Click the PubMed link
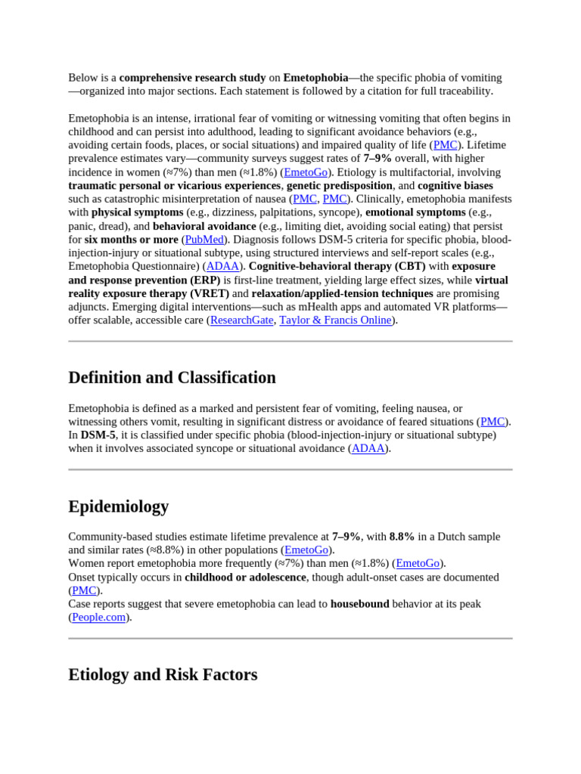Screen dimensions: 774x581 [x=204, y=240]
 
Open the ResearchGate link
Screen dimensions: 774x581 [x=241, y=320]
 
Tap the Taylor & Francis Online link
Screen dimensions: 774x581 [x=335, y=320]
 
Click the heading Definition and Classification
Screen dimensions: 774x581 [x=172, y=377]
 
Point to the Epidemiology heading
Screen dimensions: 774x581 [x=119, y=506]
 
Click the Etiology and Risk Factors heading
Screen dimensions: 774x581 [x=163, y=674]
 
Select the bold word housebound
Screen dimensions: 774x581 [x=359, y=604]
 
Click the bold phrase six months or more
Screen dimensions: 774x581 [x=131, y=240]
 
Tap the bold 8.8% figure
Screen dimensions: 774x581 [x=402, y=537]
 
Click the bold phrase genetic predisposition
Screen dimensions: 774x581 [x=339, y=185]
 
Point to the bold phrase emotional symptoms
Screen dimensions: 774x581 [x=415, y=212]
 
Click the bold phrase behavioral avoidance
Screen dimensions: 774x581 [x=204, y=226]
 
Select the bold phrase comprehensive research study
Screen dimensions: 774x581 [x=192, y=78]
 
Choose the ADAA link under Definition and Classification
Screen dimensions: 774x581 [x=368, y=448]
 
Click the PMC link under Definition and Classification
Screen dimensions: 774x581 [x=492, y=421]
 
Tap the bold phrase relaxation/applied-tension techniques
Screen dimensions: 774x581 [x=342, y=293]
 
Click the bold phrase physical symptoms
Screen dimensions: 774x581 [x=137, y=212]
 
